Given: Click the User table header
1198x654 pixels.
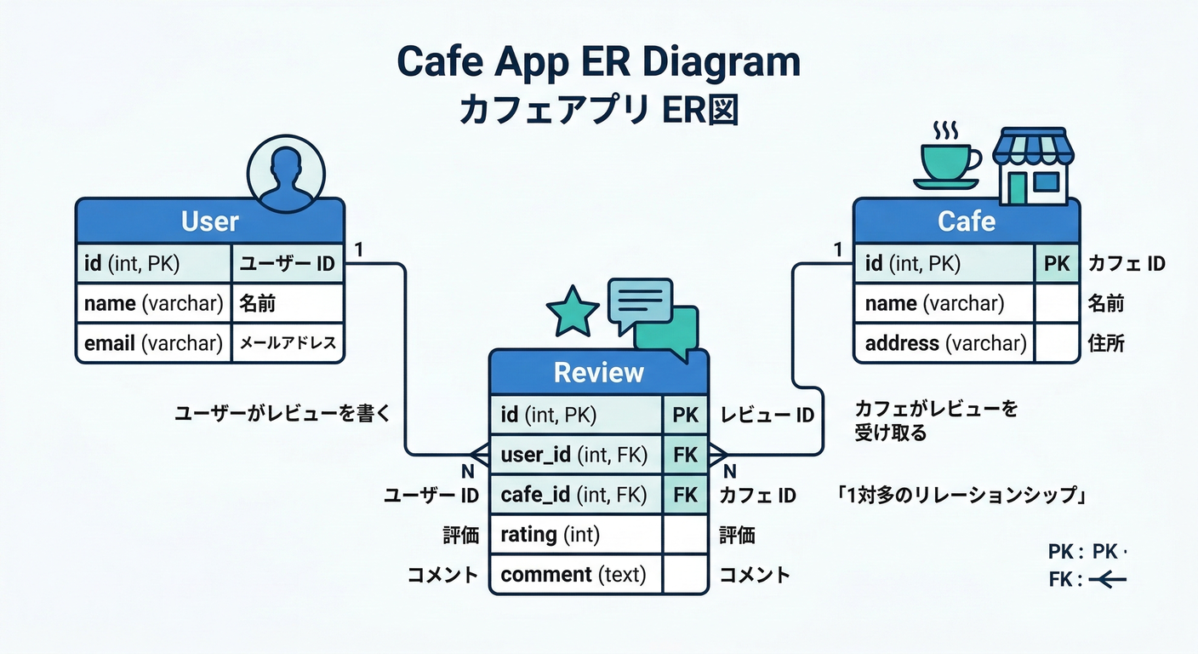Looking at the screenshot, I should pos(210,221).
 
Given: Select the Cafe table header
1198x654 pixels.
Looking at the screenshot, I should pos(967,221).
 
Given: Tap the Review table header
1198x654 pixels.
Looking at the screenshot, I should pos(598,372).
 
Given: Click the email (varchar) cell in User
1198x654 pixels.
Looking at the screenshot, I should pos(153,343).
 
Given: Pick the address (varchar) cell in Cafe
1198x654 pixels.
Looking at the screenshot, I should pos(944,343).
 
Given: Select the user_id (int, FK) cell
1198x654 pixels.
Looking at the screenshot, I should pos(575,455).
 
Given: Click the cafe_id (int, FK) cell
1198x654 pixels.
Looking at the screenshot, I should pos(575,495).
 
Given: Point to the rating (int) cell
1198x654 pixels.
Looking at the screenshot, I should pos(575,535).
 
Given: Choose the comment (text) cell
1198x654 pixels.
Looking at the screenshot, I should pos(575,575).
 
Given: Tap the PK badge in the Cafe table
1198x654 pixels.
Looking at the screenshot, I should pos(1056,264).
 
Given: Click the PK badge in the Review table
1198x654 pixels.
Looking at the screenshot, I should pos(685,415).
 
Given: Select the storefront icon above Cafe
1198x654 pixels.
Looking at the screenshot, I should pos(1033,166).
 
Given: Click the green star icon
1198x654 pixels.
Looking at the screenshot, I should pos(573,311).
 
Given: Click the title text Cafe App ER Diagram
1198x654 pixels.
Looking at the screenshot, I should pos(599,62).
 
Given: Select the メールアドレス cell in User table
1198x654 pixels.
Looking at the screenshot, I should pos(288,343).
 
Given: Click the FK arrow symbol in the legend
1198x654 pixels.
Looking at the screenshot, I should pos(1107,580).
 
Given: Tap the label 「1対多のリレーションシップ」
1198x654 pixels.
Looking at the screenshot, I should pos(963,496).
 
